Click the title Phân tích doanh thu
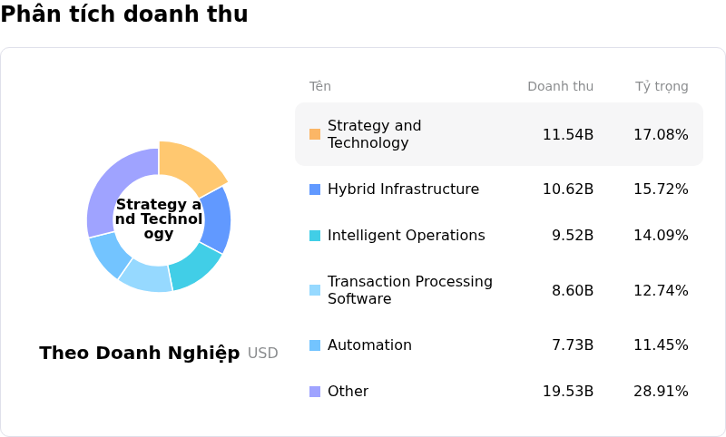click(124, 15)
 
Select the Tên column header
click(319, 87)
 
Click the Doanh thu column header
click(560, 87)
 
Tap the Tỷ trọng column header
click(662, 87)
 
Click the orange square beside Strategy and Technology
click(315, 134)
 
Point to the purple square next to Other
click(315, 392)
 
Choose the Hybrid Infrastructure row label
click(403, 189)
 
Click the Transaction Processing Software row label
click(409, 290)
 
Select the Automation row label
click(369, 345)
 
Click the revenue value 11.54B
click(567, 135)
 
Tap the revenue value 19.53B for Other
click(567, 392)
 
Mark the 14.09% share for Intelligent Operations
click(661, 236)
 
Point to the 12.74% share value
click(661, 291)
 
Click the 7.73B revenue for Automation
click(572, 345)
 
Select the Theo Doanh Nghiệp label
click(140, 354)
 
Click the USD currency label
click(263, 354)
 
